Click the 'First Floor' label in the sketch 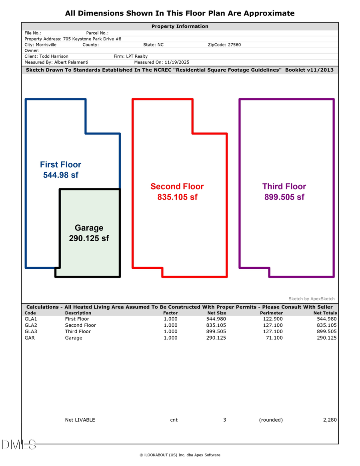(x=60, y=164)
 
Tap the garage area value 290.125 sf (x=89, y=238)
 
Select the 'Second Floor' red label (x=177, y=186)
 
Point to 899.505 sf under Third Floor (x=284, y=197)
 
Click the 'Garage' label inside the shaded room (x=89, y=228)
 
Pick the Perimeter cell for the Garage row (x=274, y=338)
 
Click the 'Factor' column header (x=170, y=313)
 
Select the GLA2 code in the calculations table (x=30, y=325)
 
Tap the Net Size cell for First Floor (x=216, y=319)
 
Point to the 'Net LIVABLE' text (x=80, y=420)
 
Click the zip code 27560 (x=234, y=45)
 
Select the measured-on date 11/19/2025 (x=172, y=62)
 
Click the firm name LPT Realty (x=136, y=56)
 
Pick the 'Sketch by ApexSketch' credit (x=312, y=299)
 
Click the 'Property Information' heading (x=180, y=26)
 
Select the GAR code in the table (x=29, y=338)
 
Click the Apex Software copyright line (x=180, y=455)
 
